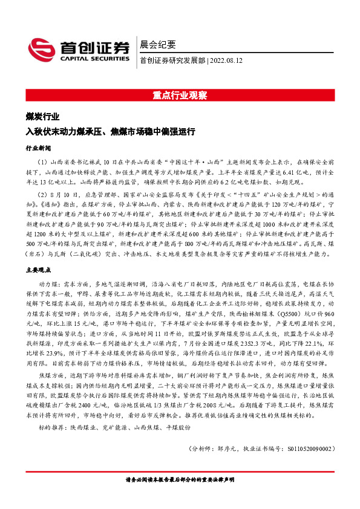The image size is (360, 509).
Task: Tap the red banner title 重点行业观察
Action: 180,95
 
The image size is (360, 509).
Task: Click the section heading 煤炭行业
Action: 42,117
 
